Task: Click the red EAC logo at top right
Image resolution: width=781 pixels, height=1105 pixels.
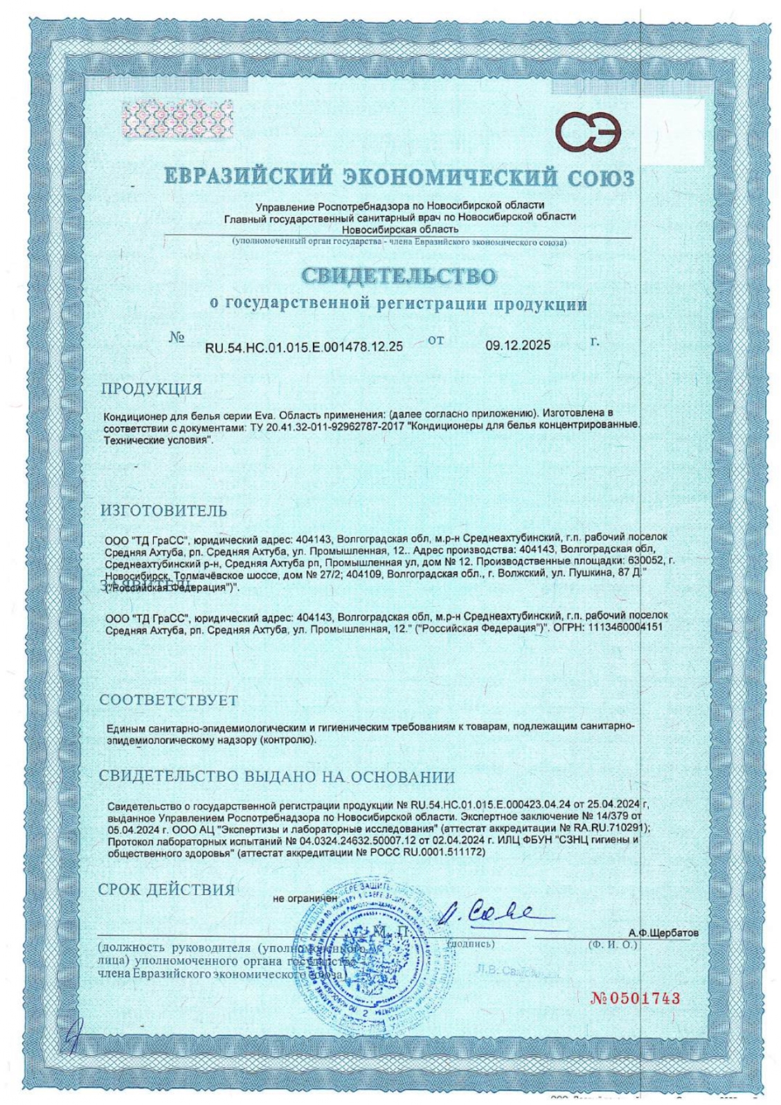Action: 590,132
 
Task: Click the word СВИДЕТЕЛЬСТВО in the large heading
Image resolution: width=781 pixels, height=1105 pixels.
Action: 398,276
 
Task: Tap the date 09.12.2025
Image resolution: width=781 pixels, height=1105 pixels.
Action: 518,345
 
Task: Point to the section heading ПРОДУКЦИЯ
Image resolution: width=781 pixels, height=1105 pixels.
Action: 152,389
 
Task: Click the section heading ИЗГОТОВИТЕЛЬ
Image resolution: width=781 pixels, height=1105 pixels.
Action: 163,511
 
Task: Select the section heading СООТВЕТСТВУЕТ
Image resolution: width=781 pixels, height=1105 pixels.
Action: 169,700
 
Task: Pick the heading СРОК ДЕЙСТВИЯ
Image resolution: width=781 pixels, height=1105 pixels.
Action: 166,890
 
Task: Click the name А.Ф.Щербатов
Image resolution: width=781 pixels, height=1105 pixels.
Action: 663,933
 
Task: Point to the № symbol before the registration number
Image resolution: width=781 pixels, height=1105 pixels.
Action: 177,338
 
